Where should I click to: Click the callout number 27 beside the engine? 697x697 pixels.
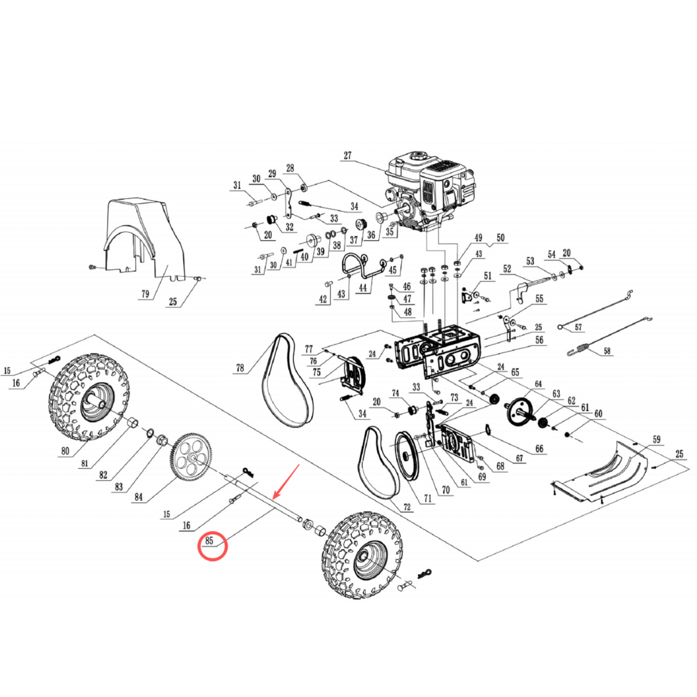click(x=347, y=156)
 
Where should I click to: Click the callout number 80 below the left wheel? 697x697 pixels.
click(x=65, y=451)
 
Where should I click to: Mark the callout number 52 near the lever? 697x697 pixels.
click(x=507, y=268)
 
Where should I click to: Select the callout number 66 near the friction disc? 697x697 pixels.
click(x=539, y=448)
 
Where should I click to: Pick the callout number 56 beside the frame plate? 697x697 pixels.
click(x=540, y=341)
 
